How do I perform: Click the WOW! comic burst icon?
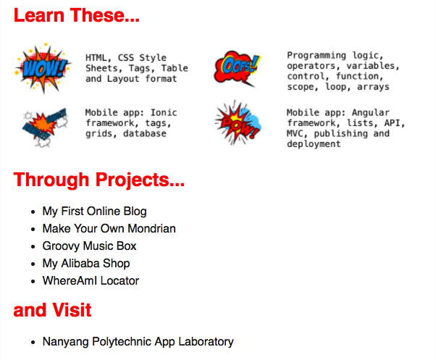(x=43, y=68)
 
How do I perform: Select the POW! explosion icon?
(x=238, y=123)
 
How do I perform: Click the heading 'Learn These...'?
(x=77, y=15)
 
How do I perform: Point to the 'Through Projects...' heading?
(x=99, y=180)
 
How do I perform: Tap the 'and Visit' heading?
(x=52, y=310)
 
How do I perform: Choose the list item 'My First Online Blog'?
(x=94, y=212)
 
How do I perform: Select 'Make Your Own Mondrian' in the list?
(x=109, y=228)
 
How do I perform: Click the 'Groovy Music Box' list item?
(x=89, y=246)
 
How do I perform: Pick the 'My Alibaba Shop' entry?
(x=86, y=263)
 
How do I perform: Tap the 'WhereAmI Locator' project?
(x=91, y=281)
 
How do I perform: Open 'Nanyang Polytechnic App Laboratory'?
(x=138, y=342)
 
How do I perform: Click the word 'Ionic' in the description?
(x=164, y=112)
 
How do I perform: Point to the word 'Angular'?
(x=371, y=112)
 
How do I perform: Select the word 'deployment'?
(x=314, y=144)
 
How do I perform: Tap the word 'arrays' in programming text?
(x=373, y=87)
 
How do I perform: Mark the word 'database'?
(x=145, y=134)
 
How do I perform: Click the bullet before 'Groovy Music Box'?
(x=33, y=246)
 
